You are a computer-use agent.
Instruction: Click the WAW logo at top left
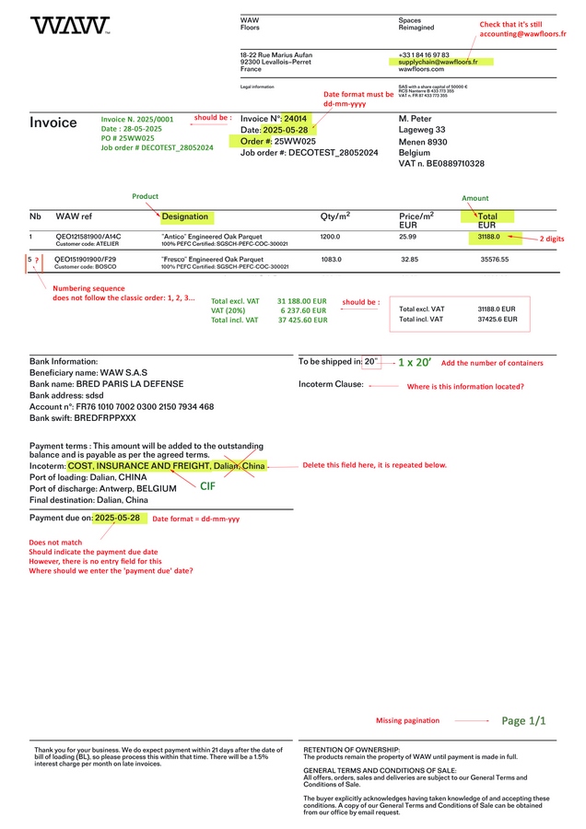pyautogui.click(x=69, y=26)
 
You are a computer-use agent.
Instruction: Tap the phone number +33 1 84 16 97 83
pyautogui.click(x=424, y=54)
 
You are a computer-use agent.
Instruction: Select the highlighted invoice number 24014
pyautogui.click(x=295, y=119)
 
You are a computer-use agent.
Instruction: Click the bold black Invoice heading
pyautogui.click(x=53, y=123)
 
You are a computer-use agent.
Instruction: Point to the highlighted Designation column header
pyautogui.click(x=185, y=217)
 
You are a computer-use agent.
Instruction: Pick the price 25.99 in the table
pyautogui.click(x=407, y=237)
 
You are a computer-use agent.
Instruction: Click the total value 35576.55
pyautogui.click(x=495, y=260)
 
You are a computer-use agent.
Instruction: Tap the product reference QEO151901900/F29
pyautogui.click(x=87, y=259)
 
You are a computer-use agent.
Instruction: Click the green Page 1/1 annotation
pyautogui.click(x=523, y=721)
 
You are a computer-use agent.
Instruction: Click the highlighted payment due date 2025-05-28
pyautogui.click(x=117, y=519)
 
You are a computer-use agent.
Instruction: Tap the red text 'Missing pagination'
pyautogui.click(x=407, y=720)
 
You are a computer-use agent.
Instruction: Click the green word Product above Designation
pyautogui.click(x=146, y=196)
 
